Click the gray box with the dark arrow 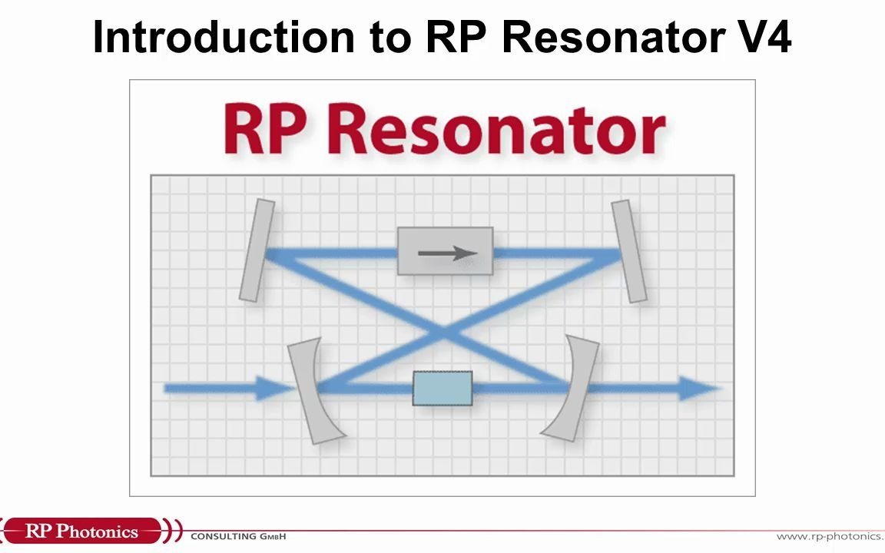click(x=445, y=251)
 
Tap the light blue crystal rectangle click(x=442, y=389)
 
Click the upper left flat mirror click(x=257, y=250)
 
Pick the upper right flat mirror click(x=629, y=250)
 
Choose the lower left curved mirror click(x=311, y=390)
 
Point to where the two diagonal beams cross click(x=443, y=331)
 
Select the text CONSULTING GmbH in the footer click(x=238, y=536)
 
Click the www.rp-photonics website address click(x=830, y=536)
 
